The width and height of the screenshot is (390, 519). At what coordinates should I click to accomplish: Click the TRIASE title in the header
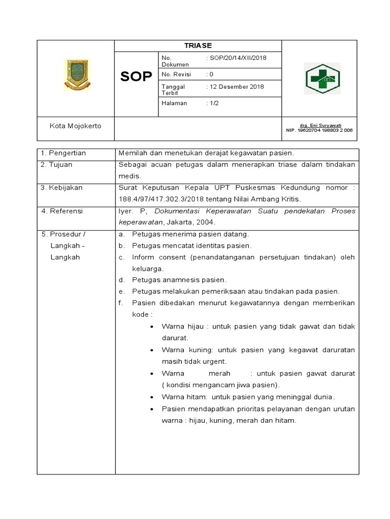pyautogui.click(x=198, y=46)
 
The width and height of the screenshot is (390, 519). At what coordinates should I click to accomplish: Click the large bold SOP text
pyautogui.click(x=136, y=77)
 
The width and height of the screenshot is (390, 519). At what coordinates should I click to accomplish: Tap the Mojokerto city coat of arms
pyautogui.click(x=77, y=76)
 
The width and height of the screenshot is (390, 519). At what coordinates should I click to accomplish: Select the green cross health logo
pyautogui.click(x=321, y=79)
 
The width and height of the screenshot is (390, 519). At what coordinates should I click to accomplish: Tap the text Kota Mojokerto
pyautogui.click(x=75, y=126)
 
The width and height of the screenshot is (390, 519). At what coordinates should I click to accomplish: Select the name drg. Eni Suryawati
pyautogui.click(x=320, y=125)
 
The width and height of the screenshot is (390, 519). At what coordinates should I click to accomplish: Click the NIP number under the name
pyautogui.click(x=320, y=130)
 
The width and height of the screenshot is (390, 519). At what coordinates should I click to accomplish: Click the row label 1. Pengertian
pyautogui.click(x=63, y=153)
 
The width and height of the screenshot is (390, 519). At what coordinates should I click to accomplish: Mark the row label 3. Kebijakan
pyautogui.click(x=61, y=188)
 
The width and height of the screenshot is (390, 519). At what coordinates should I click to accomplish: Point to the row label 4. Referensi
pyautogui.click(x=62, y=211)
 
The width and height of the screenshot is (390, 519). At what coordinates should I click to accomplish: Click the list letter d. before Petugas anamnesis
pyautogui.click(x=122, y=280)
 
